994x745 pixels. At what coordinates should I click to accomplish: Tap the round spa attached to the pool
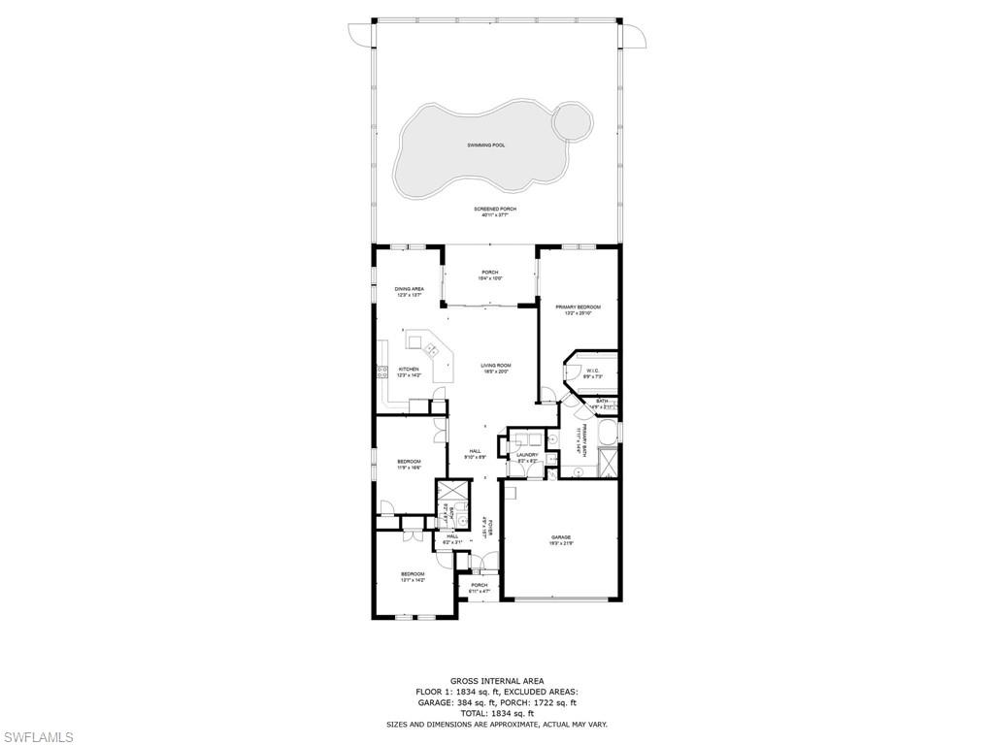point(571,123)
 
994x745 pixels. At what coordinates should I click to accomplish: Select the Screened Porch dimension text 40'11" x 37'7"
point(495,215)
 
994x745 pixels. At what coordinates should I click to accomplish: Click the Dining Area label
point(409,289)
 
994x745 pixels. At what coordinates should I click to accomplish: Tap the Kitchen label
point(409,370)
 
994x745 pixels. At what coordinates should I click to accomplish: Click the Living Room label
point(495,366)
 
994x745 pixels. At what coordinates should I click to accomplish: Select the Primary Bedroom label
point(578,308)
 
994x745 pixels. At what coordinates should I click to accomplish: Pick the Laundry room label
point(527,455)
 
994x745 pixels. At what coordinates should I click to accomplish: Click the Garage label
point(561,537)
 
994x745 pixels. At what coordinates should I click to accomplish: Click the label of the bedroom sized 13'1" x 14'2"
point(413,574)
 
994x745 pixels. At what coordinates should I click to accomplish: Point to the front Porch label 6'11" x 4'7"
point(480,585)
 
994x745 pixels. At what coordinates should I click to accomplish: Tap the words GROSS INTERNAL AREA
point(496,681)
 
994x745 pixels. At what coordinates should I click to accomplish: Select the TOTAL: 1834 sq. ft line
point(496,713)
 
